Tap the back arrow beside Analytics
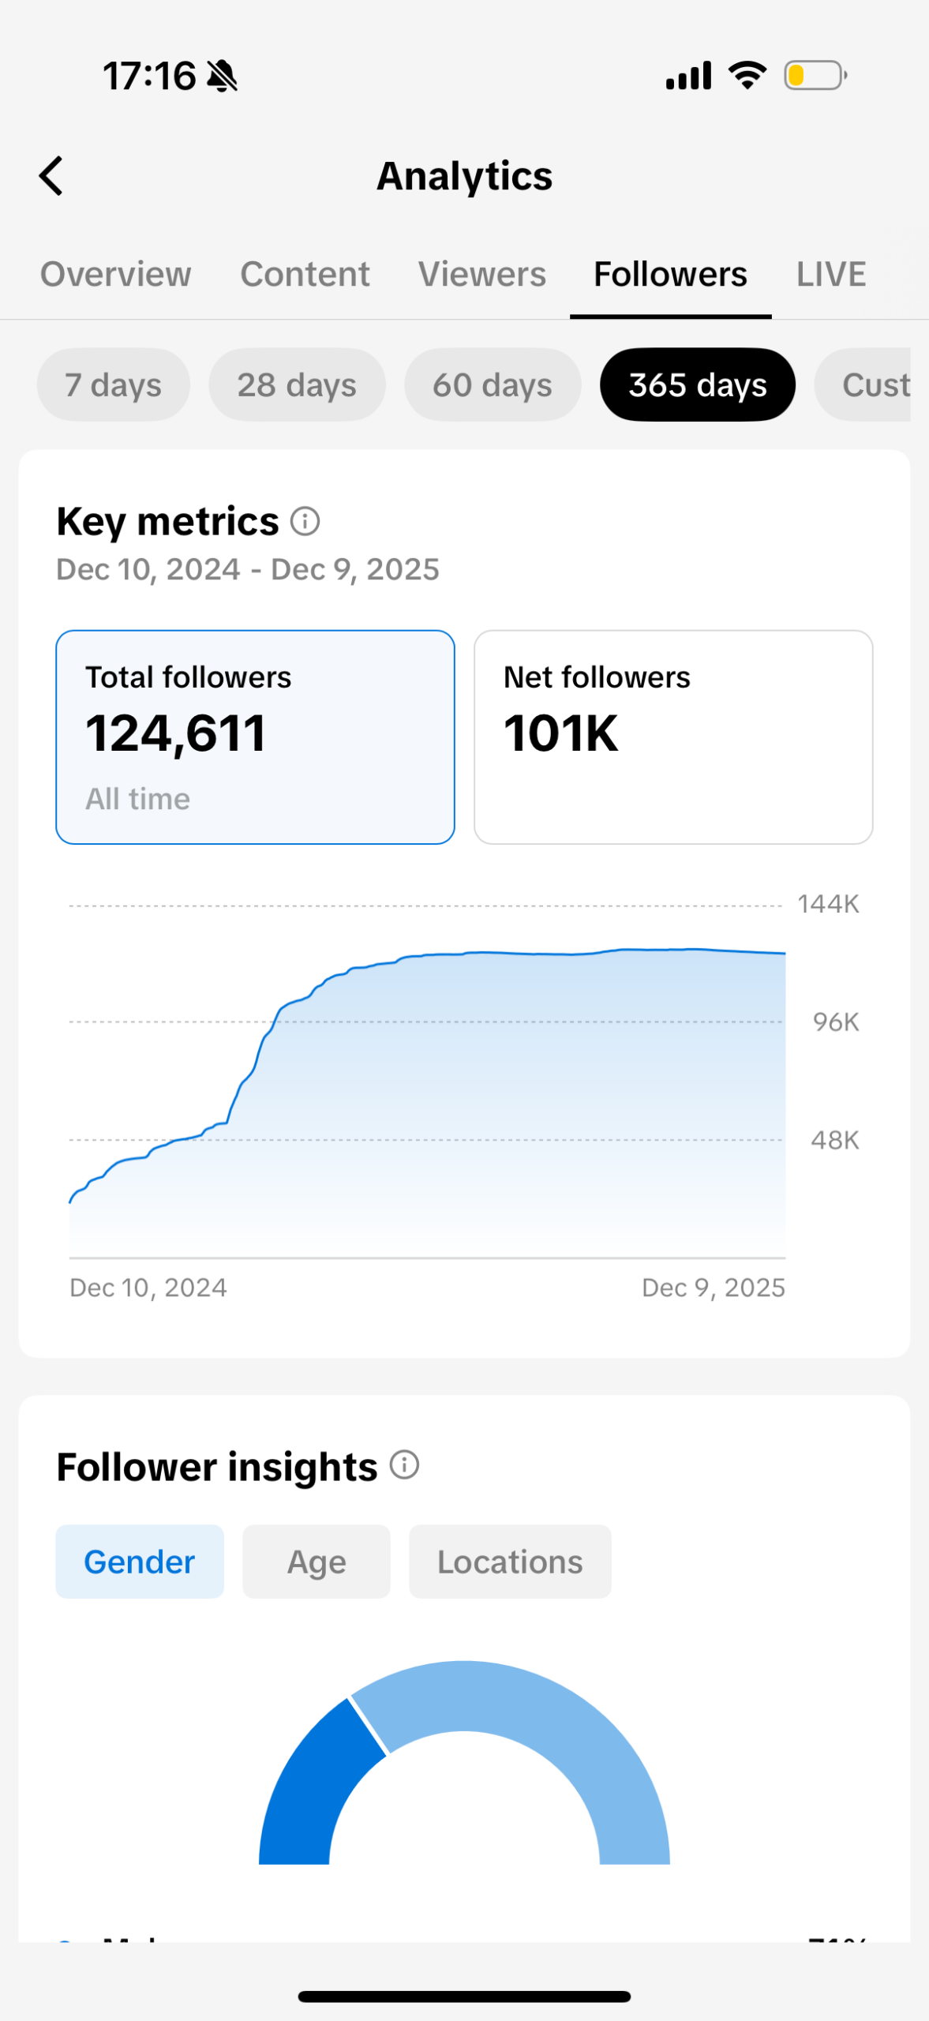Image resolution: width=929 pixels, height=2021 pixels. point(51,175)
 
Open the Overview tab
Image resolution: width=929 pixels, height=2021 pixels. point(116,275)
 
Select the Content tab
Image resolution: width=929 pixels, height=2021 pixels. point(305,275)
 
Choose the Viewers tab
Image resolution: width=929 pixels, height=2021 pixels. point(482,275)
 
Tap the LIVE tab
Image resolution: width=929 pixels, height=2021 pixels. point(830,275)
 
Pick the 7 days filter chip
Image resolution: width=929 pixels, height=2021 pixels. point(113,385)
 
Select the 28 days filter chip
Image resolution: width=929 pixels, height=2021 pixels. point(297,385)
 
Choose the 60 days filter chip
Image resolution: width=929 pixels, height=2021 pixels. point(493,385)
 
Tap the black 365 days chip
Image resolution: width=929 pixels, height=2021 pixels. point(698,385)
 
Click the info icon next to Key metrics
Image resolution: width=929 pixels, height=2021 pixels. point(305,521)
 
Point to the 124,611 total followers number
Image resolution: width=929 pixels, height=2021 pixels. point(176,733)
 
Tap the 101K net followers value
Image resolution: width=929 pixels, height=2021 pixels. point(561,733)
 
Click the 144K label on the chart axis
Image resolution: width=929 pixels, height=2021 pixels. point(828,904)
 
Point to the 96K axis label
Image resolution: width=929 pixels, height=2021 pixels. point(836,1022)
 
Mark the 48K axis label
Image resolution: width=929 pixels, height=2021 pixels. point(835,1141)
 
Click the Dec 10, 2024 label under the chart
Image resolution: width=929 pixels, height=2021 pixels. point(148,1288)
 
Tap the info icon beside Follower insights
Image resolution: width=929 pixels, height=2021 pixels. point(405,1465)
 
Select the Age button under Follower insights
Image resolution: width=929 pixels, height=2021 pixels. point(317,1562)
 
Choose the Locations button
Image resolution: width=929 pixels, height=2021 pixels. point(510,1562)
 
